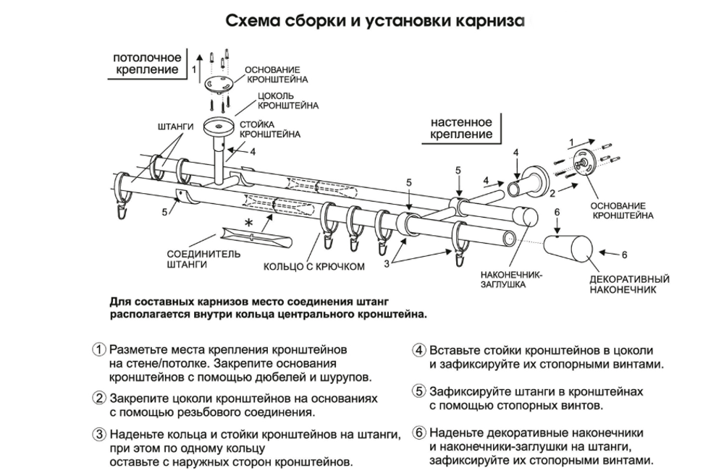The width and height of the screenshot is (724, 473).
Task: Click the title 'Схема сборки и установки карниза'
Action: tap(374, 20)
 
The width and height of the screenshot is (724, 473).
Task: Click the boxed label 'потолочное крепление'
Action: tap(146, 64)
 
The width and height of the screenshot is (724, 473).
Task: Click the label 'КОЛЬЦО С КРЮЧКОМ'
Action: tap(313, 266)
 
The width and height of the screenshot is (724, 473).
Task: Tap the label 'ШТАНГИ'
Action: tap(174, 127)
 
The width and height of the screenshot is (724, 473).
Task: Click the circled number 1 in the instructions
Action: tap(99, 349)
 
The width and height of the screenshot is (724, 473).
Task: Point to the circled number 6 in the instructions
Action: tap(418, 432)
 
